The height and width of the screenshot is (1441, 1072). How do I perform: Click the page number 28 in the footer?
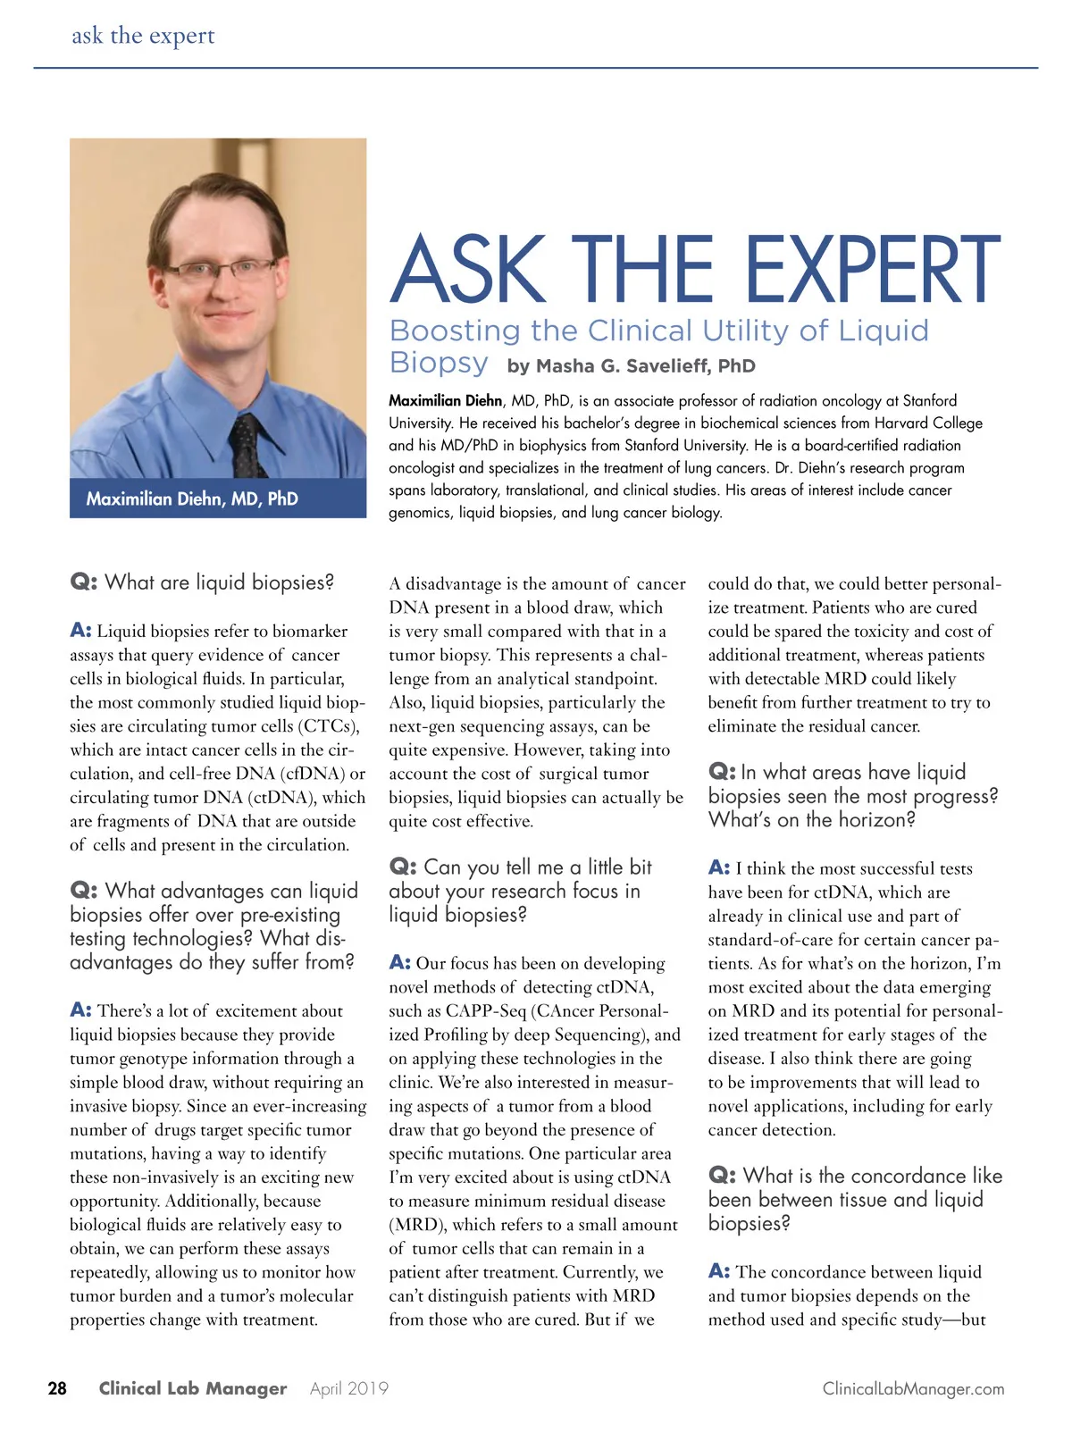pos(57,1388)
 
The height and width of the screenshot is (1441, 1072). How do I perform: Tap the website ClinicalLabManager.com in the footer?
pos(913,1388)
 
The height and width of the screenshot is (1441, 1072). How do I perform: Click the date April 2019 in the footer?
pos(349,1388)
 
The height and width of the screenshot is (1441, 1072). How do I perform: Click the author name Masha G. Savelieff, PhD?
pos(631,365)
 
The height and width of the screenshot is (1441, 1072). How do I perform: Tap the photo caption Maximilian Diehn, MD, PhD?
pos(192,498)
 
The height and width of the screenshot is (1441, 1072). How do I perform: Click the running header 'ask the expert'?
pos(143,36)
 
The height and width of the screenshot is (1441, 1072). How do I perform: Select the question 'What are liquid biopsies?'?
pos(219,582)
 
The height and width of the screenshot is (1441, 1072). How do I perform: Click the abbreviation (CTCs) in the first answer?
pos(330,725)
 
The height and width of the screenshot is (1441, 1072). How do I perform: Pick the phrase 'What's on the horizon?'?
pos(811,819)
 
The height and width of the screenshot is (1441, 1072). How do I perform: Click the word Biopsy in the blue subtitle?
pos(439,363)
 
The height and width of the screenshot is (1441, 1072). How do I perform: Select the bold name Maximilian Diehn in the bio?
pos(445,400)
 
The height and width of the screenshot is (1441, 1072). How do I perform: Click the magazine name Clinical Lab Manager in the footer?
pos(193,1388)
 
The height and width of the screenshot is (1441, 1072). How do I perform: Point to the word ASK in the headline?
pos(467,269)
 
